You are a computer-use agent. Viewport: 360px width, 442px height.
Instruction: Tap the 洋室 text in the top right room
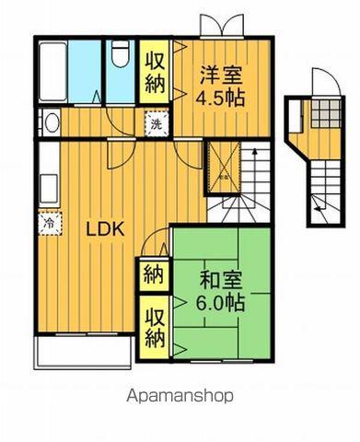tap(221, 74)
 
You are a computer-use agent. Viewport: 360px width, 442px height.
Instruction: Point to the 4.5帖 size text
tap(221, 99)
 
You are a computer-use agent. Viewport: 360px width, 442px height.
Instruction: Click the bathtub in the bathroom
tap(52, 71)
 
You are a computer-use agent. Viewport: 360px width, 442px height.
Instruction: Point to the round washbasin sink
tap(50, 122)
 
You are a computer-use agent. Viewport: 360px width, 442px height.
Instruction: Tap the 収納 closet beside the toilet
tap(154, 73)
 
